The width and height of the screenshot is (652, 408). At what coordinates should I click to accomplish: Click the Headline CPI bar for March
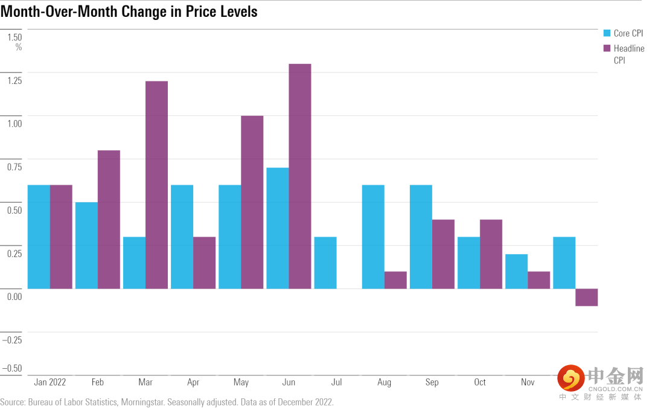156,185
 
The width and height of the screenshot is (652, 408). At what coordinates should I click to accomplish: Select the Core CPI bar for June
277,228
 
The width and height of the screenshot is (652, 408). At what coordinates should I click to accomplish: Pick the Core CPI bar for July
325,263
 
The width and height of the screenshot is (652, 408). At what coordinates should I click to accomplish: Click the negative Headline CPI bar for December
586,297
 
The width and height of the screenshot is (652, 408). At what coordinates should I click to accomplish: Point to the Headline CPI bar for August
395,280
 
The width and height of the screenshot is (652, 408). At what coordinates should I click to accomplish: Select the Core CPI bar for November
516,272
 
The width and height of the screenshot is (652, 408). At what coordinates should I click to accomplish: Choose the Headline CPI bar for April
204,263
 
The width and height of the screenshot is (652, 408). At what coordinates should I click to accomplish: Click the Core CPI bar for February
86,245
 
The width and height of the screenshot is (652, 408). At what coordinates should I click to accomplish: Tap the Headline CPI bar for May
252,202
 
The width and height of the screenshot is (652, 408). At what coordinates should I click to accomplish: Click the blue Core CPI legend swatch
607,33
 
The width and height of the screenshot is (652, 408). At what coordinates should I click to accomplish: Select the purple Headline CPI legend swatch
607,48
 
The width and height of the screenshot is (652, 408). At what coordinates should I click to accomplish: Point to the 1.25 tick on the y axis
14,80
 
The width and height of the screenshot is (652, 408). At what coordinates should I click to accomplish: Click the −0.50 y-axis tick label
12,368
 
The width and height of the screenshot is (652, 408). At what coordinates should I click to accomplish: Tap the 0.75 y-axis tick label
14,167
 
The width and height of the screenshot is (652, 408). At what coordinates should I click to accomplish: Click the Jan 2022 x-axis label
50,382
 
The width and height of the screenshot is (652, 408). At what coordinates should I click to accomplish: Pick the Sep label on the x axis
432,382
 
